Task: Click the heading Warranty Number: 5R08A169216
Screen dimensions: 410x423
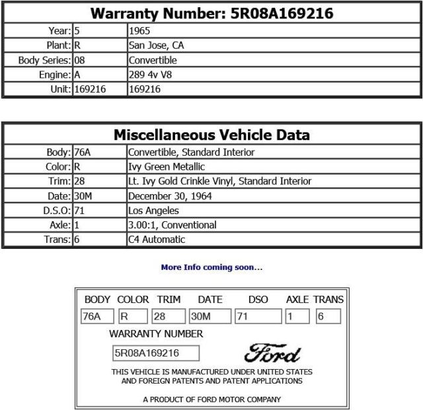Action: point(211,13)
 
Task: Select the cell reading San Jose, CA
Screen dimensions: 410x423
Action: point(157,46)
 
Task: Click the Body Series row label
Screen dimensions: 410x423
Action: point(45,60)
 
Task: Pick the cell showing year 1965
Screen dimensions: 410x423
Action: point(139,31)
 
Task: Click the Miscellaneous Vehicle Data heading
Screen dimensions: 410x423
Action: point(211,135)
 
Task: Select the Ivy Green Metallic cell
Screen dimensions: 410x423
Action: point(167,167)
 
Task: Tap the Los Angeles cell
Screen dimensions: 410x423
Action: point(153,211)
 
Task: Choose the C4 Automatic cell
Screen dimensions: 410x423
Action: point(157,240)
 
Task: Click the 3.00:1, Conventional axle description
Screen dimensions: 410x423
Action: point(172,225)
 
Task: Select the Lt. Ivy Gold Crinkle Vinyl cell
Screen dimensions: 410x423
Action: point(219,182)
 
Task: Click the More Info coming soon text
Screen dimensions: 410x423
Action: point(211,267)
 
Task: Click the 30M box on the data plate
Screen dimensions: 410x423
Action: point(210,316)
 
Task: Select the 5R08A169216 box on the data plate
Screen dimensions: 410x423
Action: point(156,353)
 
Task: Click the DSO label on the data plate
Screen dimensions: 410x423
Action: point(258,300)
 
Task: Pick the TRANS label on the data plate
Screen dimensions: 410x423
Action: point(328,300)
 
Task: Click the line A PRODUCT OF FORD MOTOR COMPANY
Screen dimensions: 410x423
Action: point(211,399)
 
